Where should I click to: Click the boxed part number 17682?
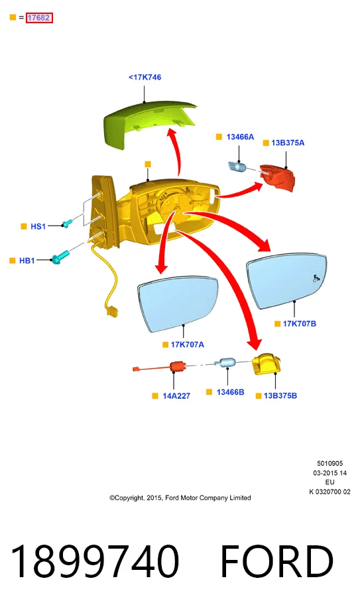[x=38, y=18]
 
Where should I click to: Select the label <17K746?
[x=145, y=77]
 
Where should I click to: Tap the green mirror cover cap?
[x=149, y=124]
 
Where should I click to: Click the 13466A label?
[x=240, y=137]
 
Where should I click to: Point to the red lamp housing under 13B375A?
[x=278, y=176]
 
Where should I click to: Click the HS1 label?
[x=38, y=226]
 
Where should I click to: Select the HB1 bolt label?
[x=27, y=260]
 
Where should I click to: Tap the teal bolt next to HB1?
[x=60, y=257]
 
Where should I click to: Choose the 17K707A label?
[x=187, y=344]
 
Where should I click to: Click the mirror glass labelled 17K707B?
[x=287, y=281]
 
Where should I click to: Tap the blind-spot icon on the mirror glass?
[x=316, y=279]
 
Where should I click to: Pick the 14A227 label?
[x=176, y=396]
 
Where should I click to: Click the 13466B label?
[x=230, y=392]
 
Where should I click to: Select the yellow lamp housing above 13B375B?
[x=268, y=364]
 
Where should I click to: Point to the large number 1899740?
[x=95, y=561]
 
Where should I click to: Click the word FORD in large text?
[x=277, y=561]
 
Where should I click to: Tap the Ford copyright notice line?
[x=180, y=498]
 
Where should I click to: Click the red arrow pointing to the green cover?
[x=176, y=153]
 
